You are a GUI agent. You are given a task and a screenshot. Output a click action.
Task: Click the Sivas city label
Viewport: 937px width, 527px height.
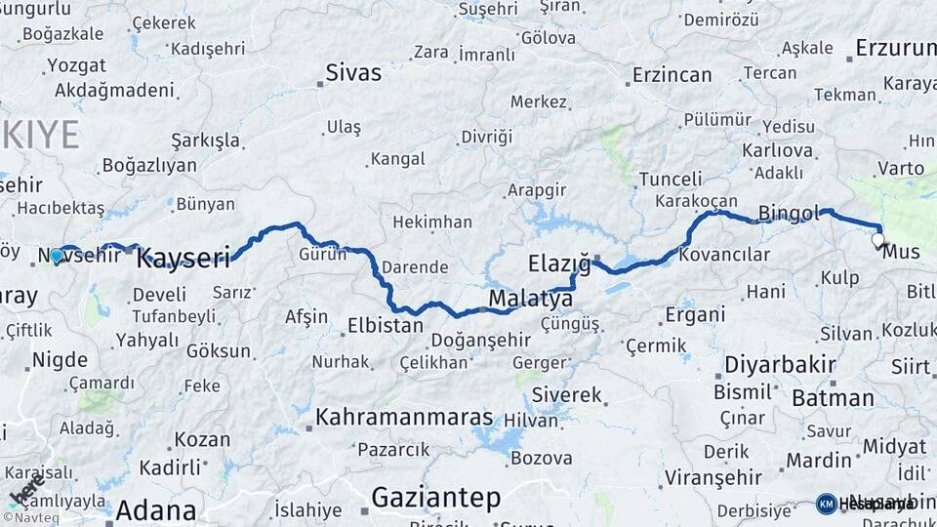(354, 72)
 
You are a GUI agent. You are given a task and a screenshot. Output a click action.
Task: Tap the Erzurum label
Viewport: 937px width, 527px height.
(895, 48)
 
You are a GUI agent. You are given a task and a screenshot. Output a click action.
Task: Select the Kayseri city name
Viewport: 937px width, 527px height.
(183, 259)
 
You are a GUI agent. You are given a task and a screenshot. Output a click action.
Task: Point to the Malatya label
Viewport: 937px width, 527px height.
(530, 298)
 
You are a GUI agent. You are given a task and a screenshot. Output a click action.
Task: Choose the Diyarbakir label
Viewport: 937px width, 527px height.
(780, 365)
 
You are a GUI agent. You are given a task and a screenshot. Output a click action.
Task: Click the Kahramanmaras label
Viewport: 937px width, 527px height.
(404, 417)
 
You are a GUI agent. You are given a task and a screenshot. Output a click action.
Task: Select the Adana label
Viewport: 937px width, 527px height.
(155, 510)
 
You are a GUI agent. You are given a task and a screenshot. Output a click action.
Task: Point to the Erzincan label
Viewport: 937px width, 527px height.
(672, 75)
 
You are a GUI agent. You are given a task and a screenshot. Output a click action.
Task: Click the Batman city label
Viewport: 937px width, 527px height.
(833, 398)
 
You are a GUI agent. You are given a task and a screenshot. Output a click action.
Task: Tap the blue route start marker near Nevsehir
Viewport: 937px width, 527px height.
(57, 257)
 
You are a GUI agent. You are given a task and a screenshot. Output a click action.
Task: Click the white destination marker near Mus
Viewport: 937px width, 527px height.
(877, 239)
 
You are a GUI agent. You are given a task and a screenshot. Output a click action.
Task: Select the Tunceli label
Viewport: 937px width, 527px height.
(671, 180)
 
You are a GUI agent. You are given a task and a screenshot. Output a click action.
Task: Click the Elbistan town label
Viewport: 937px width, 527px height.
(385, 325)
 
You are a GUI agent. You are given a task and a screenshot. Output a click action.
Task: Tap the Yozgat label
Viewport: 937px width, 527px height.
(75, 66)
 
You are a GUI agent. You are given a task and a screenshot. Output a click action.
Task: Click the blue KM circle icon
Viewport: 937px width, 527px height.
(827, 504)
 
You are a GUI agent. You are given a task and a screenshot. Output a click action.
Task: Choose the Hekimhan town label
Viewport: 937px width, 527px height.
(431, 223)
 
